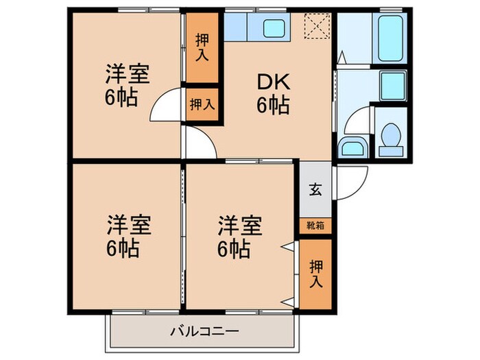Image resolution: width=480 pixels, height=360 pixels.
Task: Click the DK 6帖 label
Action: [x=274, y=94]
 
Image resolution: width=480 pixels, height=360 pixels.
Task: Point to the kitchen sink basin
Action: [x=276, y=29]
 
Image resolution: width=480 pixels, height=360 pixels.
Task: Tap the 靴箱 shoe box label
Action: [x=315, y=224]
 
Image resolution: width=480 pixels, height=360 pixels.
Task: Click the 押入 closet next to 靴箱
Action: [x=315, y=272]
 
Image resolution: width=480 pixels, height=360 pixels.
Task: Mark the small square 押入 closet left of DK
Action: [x=202, y=105]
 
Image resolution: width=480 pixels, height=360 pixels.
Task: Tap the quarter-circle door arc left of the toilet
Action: [x=357, y=122]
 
